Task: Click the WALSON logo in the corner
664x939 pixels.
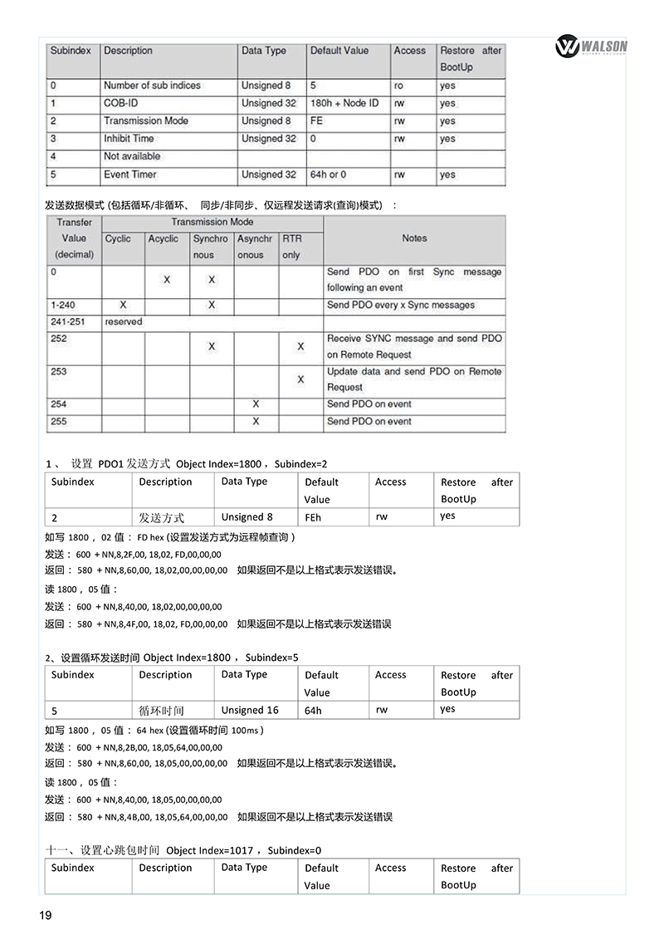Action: point(592,47)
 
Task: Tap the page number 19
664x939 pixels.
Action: point(46,915)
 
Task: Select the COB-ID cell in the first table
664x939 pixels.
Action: point(120,103)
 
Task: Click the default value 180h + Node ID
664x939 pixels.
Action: point(344,103)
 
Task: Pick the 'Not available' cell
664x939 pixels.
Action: point(132,156)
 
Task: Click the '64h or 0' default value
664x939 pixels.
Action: point(329,174)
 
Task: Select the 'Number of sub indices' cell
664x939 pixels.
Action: point(152,86)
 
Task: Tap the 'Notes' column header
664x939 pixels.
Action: point(414,238)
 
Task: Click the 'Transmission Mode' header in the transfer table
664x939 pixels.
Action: point(212,222)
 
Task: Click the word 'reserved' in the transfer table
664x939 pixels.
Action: point(124,321)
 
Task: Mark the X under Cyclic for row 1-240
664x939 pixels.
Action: point(123,305)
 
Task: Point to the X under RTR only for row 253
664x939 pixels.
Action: point(300,379)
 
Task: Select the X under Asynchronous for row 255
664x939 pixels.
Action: point(256,421)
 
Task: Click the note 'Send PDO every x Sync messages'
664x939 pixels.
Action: point(401,305)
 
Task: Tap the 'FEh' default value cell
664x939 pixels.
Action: point(313,516)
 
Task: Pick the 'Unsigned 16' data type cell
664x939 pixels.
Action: point(250,710)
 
